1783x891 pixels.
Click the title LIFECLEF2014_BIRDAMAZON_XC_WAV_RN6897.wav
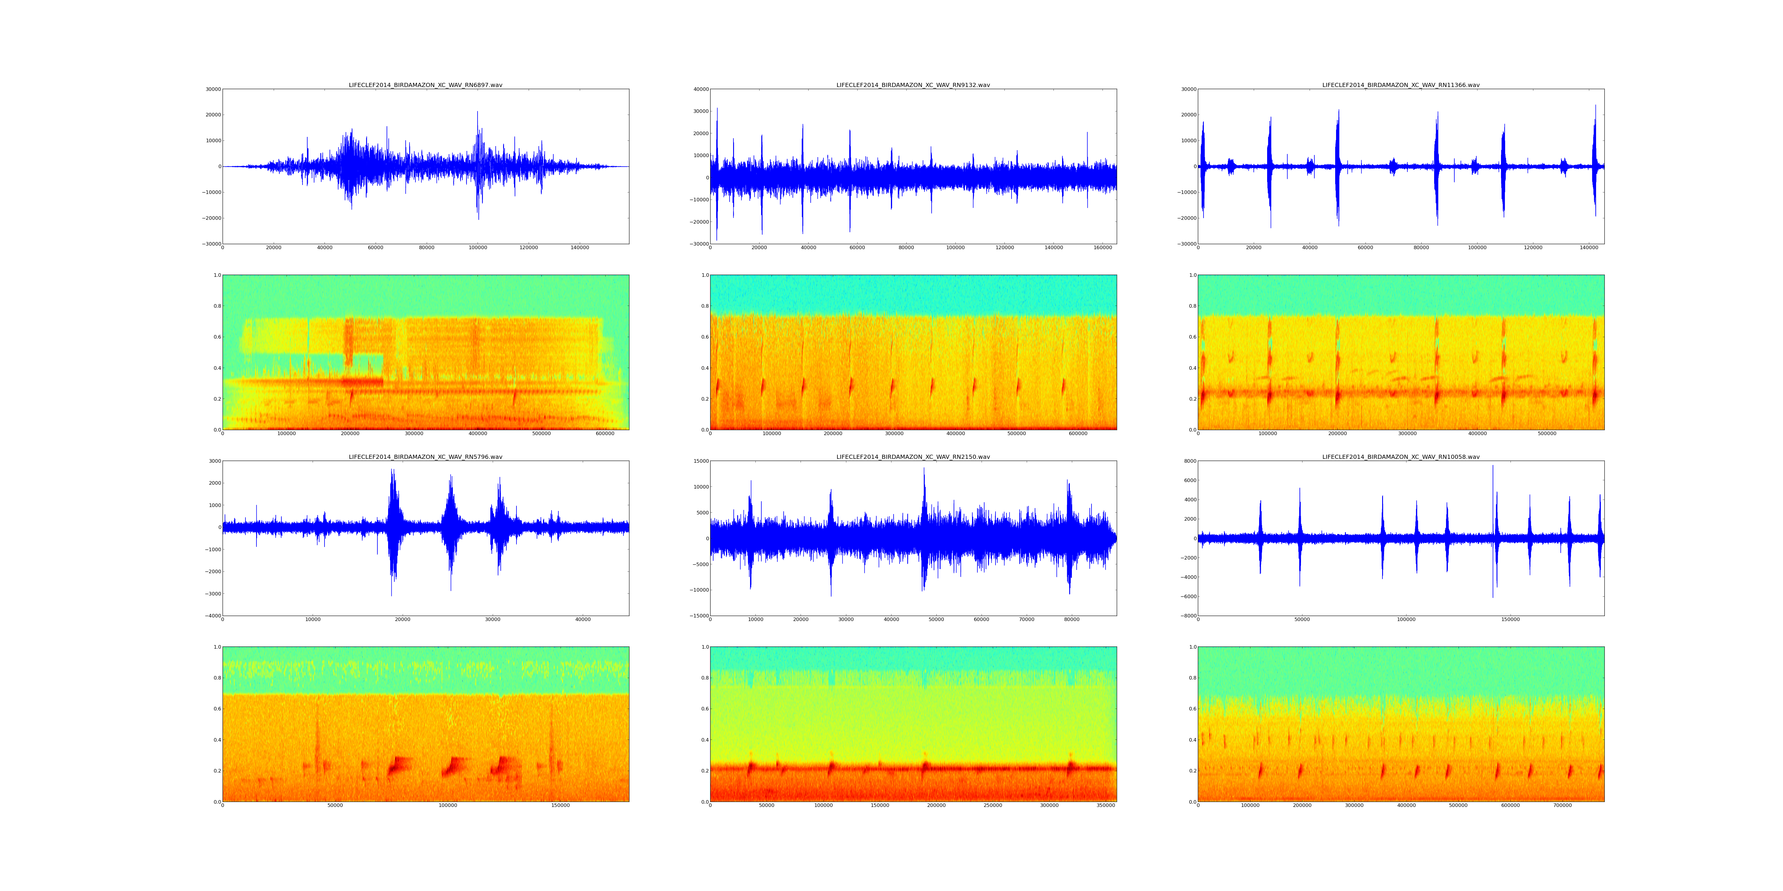[425, 85]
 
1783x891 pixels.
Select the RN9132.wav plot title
[913, 85]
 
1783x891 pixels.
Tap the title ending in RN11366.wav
[1400, 85]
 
